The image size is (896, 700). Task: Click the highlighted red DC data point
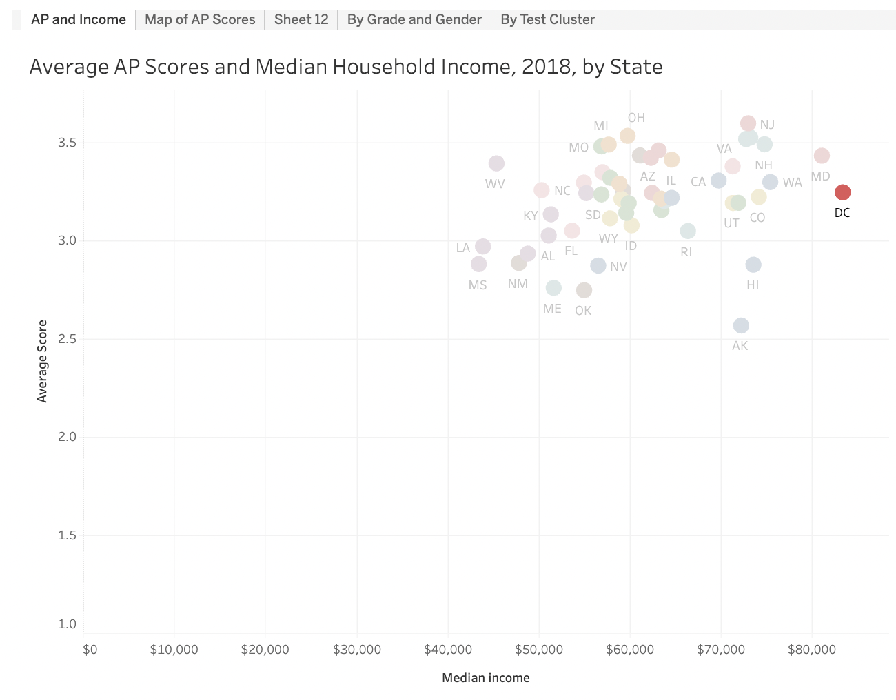842,192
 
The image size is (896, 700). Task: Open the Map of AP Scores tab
200,19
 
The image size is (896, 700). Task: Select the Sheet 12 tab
301,19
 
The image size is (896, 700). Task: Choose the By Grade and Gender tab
414,19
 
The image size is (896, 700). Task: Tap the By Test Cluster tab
547,19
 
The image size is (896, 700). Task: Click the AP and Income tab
79,19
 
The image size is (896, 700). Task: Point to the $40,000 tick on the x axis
448,650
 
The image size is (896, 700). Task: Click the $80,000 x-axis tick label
812,650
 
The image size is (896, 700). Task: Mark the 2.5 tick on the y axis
68,339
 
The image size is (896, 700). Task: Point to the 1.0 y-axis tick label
68,624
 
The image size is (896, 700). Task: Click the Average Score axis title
43,361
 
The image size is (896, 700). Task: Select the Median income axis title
486,678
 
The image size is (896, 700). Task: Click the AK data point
741,325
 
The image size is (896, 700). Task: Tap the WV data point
496,163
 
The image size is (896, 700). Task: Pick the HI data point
753,265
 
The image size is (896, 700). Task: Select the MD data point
822,156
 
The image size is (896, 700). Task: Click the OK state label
583,311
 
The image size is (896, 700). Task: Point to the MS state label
478,285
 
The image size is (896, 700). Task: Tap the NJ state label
767,125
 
